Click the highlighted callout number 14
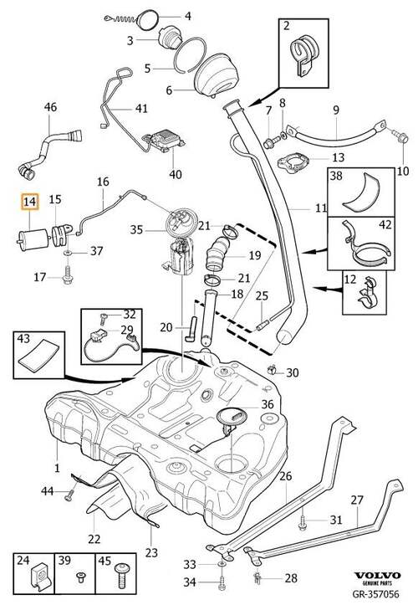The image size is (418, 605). coord(30,202)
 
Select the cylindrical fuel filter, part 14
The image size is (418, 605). coord(33,241)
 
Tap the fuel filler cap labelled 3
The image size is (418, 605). coord(169,38)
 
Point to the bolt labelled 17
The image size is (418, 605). coord(68,274)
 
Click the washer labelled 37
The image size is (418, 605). coord(68,253)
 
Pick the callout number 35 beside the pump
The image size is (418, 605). coord(136,230)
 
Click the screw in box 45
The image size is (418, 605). coord(120,575)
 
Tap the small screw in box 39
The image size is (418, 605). coord(81,577)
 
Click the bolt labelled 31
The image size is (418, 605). coord(303,520)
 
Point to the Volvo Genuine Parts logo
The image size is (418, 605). coord(378,578)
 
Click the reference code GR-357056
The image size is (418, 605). coord(376,594)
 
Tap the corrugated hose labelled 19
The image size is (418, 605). coord(219,254)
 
